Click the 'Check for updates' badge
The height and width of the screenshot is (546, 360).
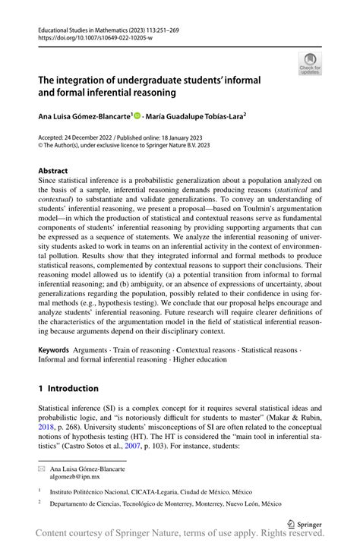tap(311, 64)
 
